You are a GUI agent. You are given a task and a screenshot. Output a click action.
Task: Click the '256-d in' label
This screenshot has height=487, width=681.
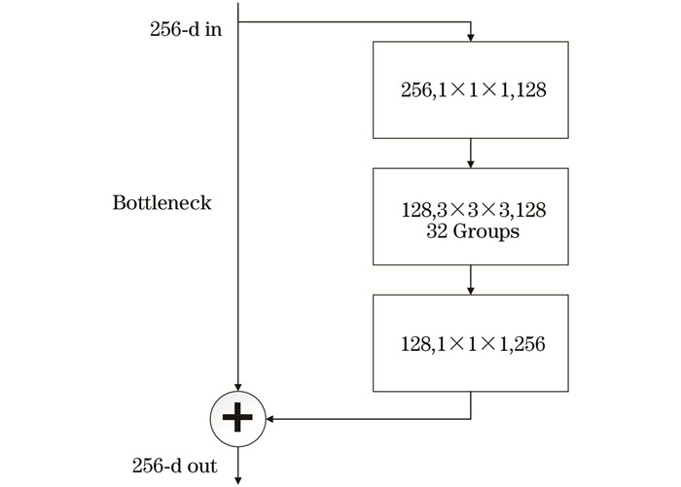tap(186, 29)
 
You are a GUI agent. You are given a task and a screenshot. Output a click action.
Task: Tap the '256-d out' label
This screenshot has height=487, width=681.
tap(174, 466)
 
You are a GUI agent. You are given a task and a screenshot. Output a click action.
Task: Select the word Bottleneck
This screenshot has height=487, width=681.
tap(162, 203)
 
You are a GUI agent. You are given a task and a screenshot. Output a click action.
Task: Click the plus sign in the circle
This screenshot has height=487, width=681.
tap(237, 418)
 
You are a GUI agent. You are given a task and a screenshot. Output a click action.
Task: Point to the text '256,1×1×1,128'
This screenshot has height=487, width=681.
tap(474, 89)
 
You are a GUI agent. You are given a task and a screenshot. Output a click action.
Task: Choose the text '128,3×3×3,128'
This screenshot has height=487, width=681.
tap(474, 210)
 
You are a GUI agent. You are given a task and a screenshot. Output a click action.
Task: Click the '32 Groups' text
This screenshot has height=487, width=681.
tap(473, 231)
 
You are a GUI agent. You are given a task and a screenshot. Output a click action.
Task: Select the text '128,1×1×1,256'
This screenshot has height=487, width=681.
tap(473, 344)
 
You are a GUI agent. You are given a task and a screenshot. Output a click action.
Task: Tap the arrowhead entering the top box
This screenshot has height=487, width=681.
tap(470, 38)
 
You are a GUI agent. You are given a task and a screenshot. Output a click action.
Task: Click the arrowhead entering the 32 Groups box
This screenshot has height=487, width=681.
tap(470, 164)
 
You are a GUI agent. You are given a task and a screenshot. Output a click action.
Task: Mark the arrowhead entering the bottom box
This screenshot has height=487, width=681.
tap(470, 291)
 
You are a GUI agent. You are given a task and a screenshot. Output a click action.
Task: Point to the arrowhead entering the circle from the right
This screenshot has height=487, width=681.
tap(269, 419)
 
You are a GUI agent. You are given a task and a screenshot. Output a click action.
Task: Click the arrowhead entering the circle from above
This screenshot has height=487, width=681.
tap(238, 387)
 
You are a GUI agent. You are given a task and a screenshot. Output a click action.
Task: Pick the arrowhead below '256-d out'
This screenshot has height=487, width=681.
tap(238, 480)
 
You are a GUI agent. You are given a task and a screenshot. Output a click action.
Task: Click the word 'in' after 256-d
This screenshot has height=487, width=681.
tap(214, 29)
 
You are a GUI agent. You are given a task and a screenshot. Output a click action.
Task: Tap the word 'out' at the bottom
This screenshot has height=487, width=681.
tap(202, 467)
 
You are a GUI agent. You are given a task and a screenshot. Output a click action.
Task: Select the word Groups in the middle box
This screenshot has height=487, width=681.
tap(486, 231)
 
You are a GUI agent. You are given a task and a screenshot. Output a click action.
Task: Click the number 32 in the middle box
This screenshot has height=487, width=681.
tap(437, 231)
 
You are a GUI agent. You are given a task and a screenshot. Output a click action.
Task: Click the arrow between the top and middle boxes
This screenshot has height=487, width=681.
tap(470, 154)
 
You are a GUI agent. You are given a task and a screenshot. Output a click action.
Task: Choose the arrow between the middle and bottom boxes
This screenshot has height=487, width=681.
tap(470, 280)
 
